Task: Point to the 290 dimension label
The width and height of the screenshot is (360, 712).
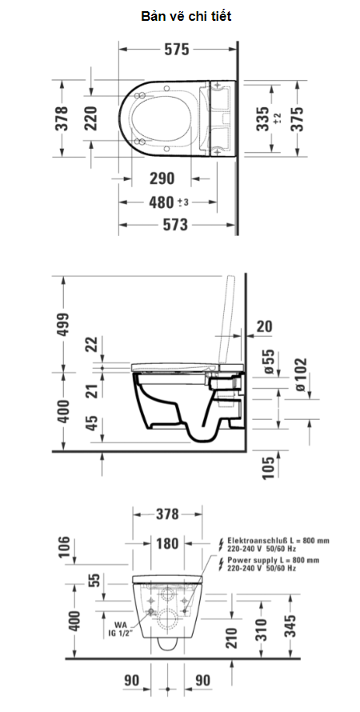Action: click(161, 178)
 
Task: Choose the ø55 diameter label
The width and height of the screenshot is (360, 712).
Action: click(268, 362)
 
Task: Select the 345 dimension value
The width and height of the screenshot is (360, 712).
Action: click(298, 624)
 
